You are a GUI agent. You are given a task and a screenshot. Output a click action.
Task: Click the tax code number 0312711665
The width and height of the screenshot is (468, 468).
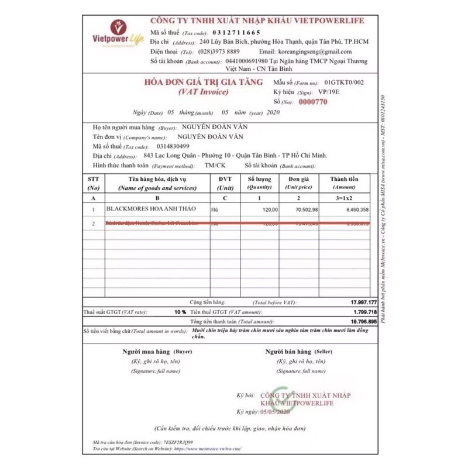tap(237, 33)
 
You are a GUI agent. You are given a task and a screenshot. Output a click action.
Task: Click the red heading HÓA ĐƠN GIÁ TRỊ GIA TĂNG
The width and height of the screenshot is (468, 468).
tap(203, 82)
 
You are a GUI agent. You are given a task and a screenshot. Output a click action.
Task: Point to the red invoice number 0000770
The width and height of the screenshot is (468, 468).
tap(313, 102)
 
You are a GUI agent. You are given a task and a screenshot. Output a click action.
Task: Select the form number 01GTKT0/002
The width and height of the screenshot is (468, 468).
tap(344, 82)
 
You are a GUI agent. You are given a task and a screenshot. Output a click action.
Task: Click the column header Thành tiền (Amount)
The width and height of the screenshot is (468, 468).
tap(344, 183)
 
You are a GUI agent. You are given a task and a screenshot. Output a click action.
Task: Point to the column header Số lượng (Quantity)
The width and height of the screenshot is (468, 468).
tap(260, 183)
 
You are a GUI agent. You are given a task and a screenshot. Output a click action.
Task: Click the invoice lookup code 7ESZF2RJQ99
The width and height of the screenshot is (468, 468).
tap(178, 443)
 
